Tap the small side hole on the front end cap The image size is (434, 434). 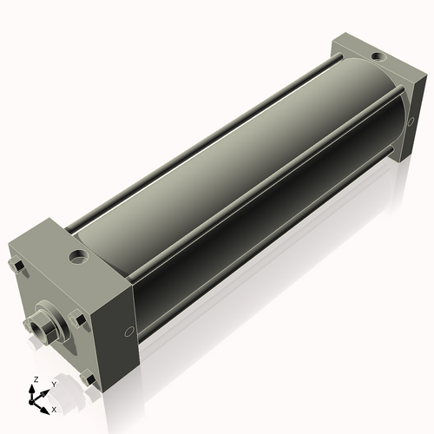129,330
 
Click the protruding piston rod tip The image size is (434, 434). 36,325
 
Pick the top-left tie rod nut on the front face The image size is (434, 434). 16,266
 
